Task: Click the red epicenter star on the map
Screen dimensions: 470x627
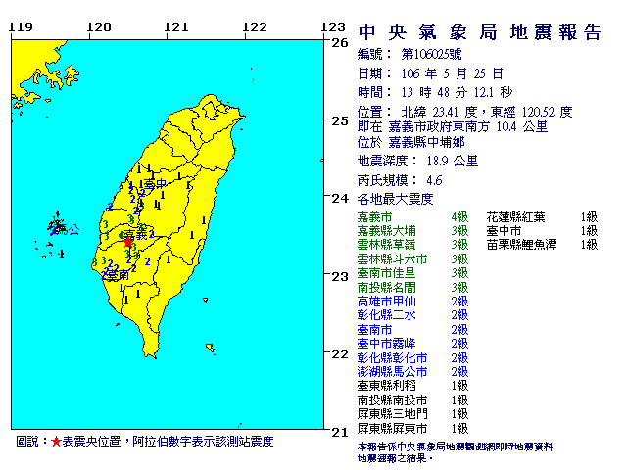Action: pos(128,240)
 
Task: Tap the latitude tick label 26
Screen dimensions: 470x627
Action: pos(340,43)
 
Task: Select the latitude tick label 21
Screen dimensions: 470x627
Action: pos(340,431)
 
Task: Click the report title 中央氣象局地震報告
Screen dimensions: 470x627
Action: pos(479,33)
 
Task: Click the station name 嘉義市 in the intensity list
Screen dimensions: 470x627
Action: pos(374,215)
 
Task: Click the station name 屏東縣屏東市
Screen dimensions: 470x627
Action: pos(391,429)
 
